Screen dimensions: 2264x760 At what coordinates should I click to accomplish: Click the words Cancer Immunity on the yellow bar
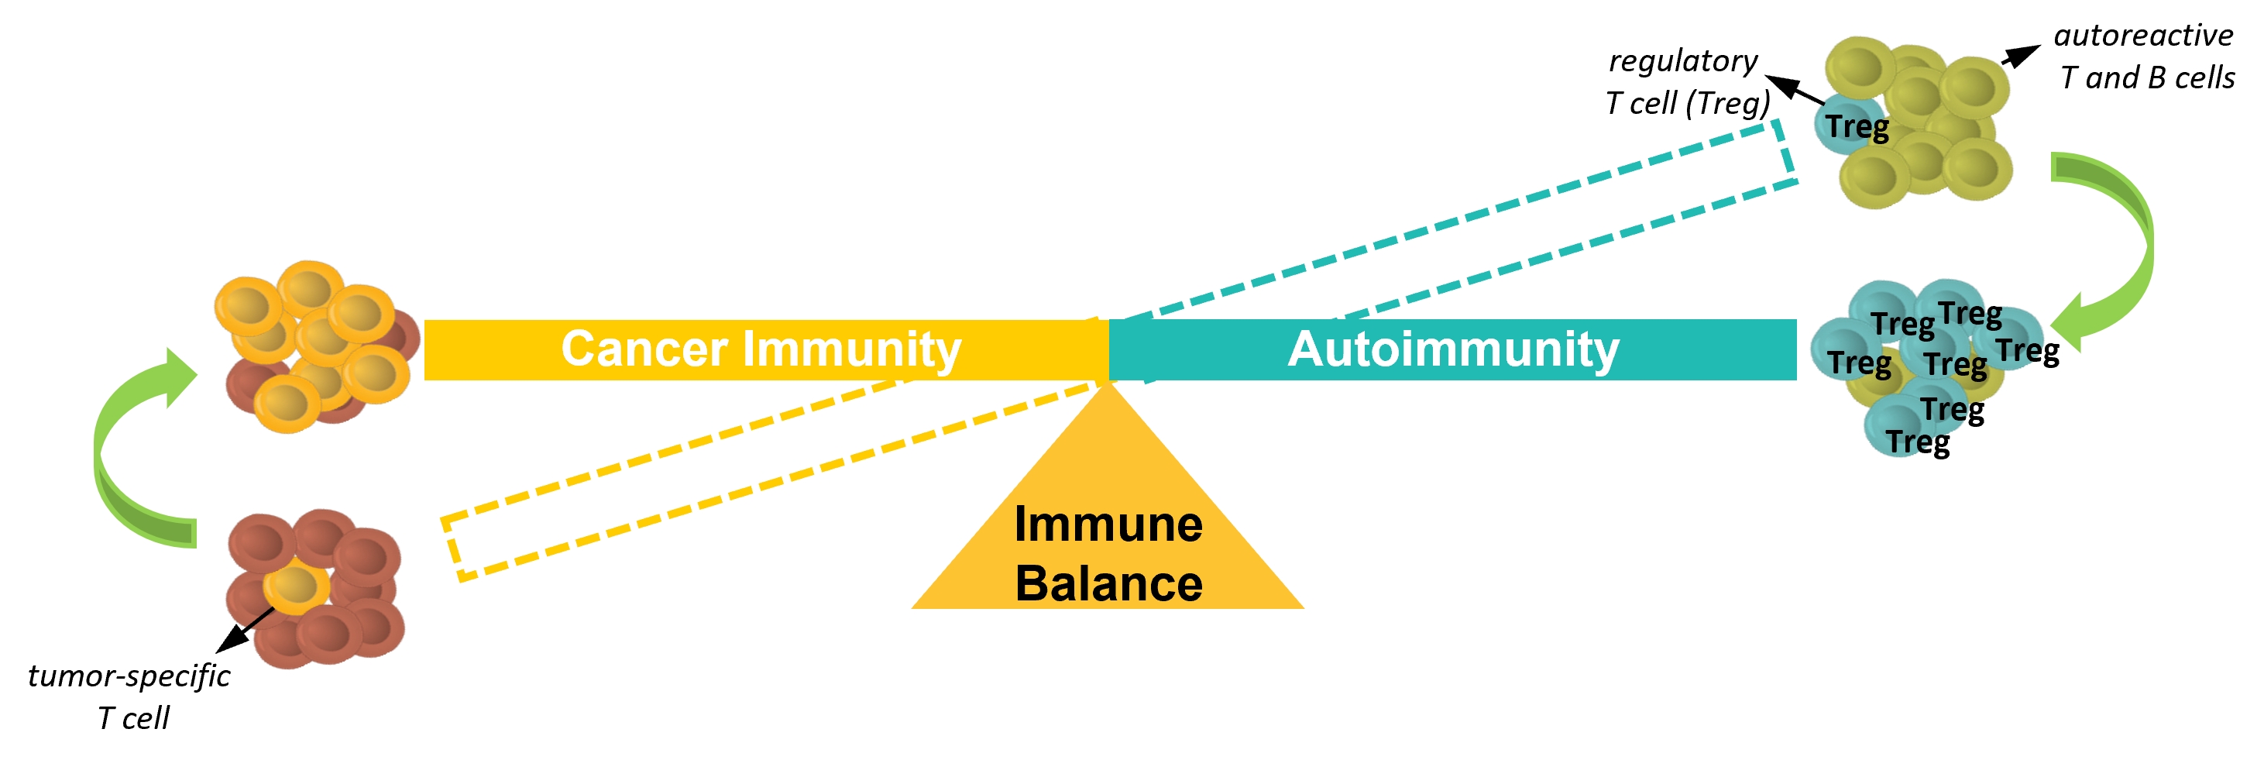pyautogui.click(x=761, y=349)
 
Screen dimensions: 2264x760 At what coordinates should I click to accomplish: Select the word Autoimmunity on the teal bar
pyautogui.click(x=1454, y=349)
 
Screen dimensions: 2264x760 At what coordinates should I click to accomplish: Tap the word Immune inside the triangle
pyautogui.click(x=1108, y=524)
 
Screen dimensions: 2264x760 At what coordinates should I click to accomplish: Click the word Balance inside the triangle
pyautogui.click(x=1108, y=584)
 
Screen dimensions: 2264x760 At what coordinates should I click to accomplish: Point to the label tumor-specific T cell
pyautogui.click(x=129, y=696)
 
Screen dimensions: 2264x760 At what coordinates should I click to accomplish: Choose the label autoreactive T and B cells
pyautogui.click(x=2145, y=57)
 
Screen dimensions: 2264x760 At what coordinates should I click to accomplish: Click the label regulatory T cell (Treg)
pyautogui.click(x=1686, y=81)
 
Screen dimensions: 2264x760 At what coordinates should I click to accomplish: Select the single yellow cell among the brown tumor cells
pyautogui.click(x=296, y=589)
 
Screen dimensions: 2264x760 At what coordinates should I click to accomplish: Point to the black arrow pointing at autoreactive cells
pyautogui.click(x=2022, y=55)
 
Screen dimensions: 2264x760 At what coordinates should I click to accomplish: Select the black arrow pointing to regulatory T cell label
pyautogui.click(x=1794, y=91)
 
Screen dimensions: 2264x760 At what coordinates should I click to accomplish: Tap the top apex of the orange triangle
pyautogui.click(x=1108, y=382)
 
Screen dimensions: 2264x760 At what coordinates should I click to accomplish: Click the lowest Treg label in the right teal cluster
pyautogui.click(x=1918, y=441)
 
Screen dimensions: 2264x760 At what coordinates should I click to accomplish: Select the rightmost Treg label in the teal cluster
pyautogui.click(x=2028, y=351)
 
